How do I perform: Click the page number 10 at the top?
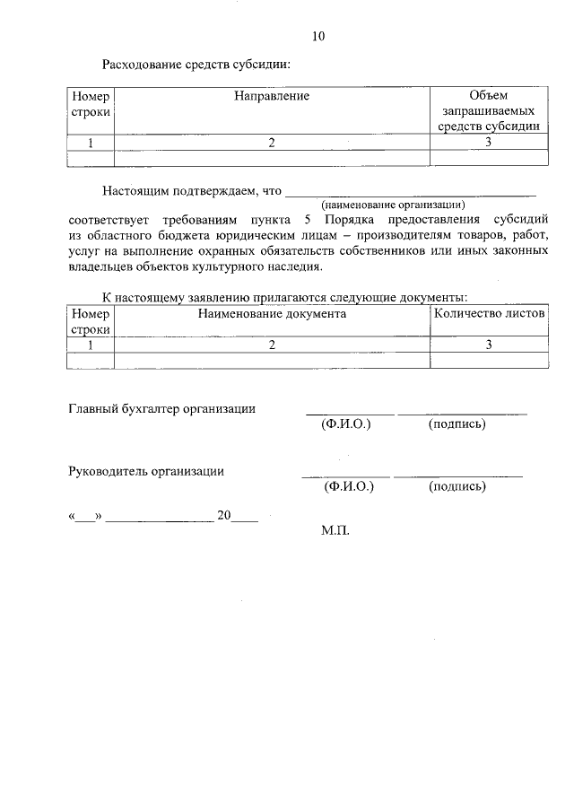tap(317, 37)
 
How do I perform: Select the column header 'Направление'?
tap(272, 95)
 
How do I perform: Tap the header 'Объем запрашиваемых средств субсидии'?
tap(489, 110)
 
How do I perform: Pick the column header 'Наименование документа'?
tap(272, 314)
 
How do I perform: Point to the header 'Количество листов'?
tap(489, 314)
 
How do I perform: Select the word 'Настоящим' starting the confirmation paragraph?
tap(132, 191)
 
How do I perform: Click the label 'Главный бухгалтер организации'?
tap(162, 409)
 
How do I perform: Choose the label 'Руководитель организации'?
tap(147, 471)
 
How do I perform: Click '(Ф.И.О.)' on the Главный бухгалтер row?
tap(345, 423)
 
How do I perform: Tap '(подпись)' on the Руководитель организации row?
tap(457, 486)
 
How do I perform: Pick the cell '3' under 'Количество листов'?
tap(489, 345)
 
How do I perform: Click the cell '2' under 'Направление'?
tap(272, 142)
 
